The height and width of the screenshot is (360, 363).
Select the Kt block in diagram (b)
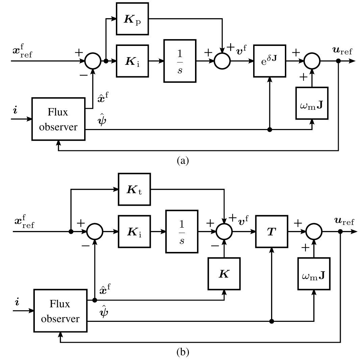pyautogui.click(x=134, y=189)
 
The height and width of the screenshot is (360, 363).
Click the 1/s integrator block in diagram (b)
pyautogui.click(x=182, y=232)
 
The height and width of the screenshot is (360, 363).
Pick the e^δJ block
pyautogui.click(x=269, y=61)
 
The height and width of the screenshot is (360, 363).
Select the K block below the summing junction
pyautogui.click(x=224, y=274)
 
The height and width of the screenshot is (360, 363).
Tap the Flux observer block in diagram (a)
pyautogui.click(x=59, y=119)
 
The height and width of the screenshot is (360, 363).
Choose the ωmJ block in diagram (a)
pyautogui.click(x=312, y=103)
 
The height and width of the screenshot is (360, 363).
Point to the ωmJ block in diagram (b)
pyautogui.click(x=314, y=274)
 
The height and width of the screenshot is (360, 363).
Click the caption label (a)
pyautogui.click(x=183, y=160)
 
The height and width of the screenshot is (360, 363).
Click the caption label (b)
pyautogui.click(x=183, y=352)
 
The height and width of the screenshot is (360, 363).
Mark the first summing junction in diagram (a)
pyautogui.click(x=92, y=61)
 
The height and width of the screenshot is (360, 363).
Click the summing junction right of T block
pyautogui.click(x=314, y=232)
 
